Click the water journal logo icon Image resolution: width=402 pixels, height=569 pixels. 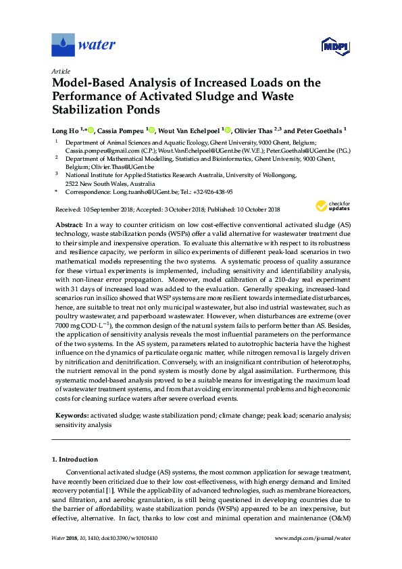pos(63,46)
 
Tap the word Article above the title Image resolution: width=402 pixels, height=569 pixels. pos(60,71)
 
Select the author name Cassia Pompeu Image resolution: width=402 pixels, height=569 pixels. pos(118,130)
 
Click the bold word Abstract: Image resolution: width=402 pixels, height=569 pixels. pos(68,224)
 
